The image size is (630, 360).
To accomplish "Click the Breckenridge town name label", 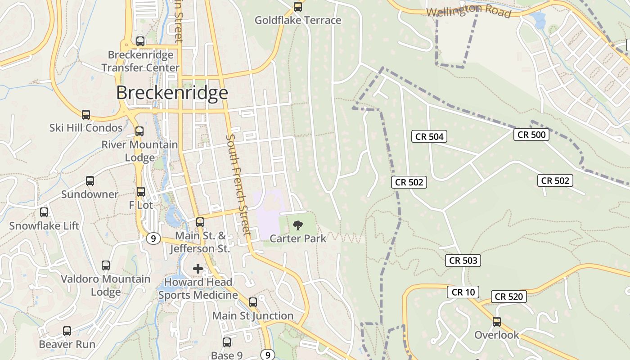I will coord(172,93).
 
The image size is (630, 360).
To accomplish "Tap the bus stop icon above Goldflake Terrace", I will coord(297,6).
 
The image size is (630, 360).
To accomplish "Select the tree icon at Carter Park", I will coord(297,225).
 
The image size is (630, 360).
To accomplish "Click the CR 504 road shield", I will coord(429,136).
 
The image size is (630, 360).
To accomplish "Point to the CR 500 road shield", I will coord(531,134).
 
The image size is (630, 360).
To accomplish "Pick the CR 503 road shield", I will coord(463,260).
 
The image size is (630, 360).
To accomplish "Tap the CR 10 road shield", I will coord(463,292).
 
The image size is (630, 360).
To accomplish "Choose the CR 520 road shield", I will coord(509,296).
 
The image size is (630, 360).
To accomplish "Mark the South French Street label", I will coord(238,184).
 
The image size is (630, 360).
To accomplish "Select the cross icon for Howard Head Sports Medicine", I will coord(198,269).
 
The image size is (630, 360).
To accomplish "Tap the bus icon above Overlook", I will coord(497,322).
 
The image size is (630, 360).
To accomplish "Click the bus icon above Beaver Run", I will coord(67,331).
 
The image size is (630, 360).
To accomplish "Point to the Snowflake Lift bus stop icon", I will coord(44,212).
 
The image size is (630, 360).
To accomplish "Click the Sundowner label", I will coord(90,194).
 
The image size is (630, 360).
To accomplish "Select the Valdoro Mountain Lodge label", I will coord(106,285).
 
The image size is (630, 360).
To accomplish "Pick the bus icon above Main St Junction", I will coord(253,302).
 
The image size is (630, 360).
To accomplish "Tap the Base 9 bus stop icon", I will coord(227,342).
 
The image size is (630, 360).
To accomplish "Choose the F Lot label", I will coord(141,205).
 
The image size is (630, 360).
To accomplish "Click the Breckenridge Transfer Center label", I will coord(140,61).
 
